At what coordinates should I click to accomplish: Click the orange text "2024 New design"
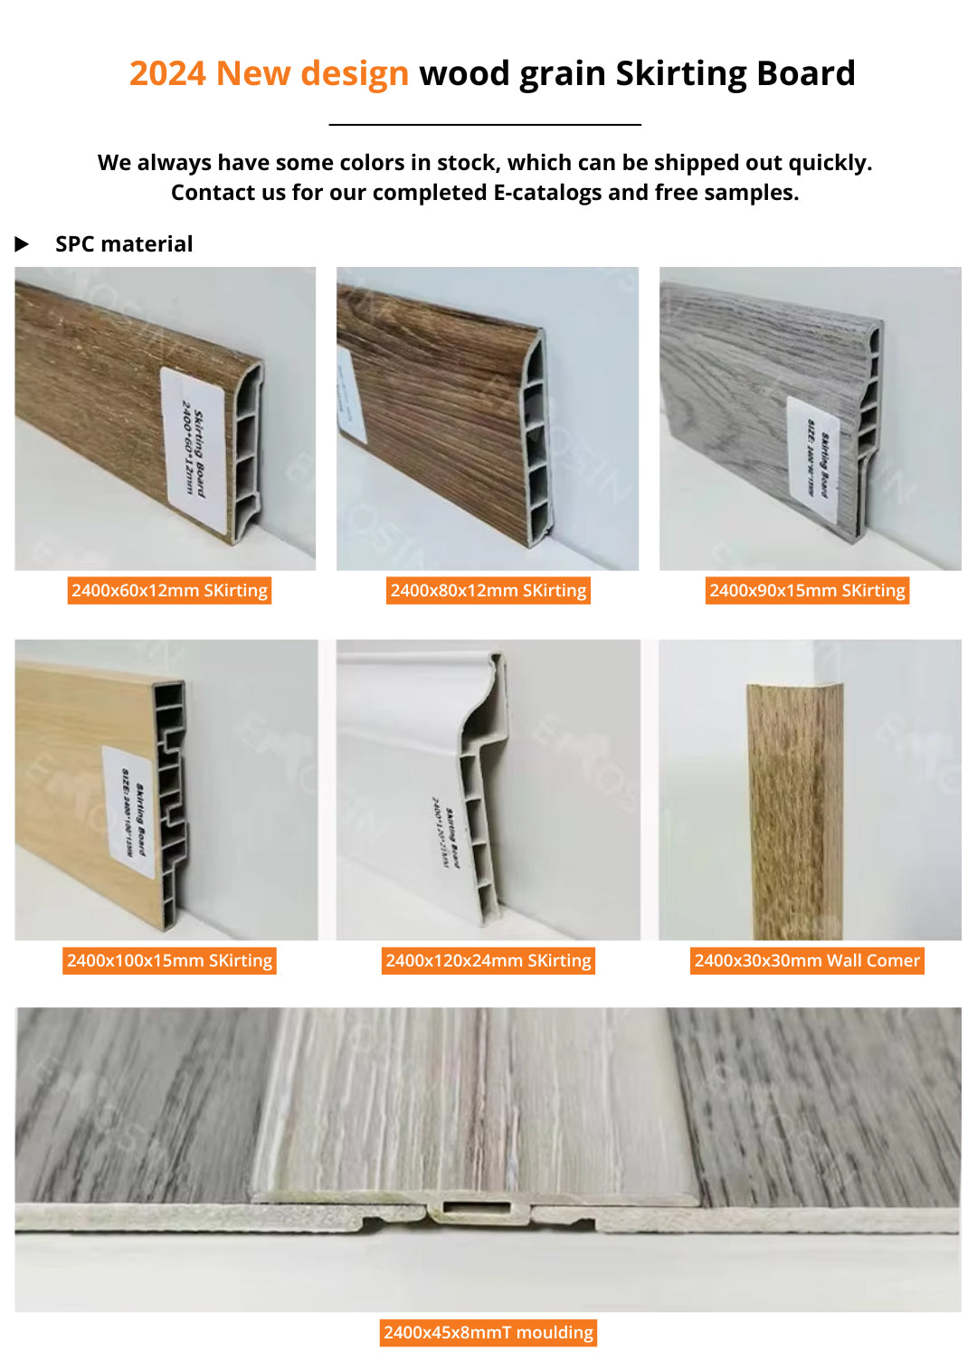[x=269, y=73]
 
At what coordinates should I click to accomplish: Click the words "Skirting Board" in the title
[x=735, y=73]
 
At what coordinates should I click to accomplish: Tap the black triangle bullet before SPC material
[x=23, y=244]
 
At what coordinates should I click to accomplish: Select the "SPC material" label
[x=124, y=244]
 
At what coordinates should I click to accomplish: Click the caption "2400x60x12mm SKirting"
[x=169, y=591]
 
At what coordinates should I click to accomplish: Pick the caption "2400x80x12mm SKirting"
[x=488, y=591]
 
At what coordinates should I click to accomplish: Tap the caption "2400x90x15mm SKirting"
[x=807, y=591]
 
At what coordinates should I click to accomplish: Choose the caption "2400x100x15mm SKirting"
[x=169, y=960]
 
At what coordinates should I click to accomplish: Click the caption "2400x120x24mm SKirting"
[x=488, y=960]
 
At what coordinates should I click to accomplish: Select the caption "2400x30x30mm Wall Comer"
[x=807, y=960]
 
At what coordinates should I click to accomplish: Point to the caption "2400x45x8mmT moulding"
[x=488, y=1332]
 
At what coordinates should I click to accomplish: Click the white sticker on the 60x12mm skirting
[x=194, y=449]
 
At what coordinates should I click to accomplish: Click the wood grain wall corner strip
[x=794, y=810]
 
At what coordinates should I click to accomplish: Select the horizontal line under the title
[x=485, y=124]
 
